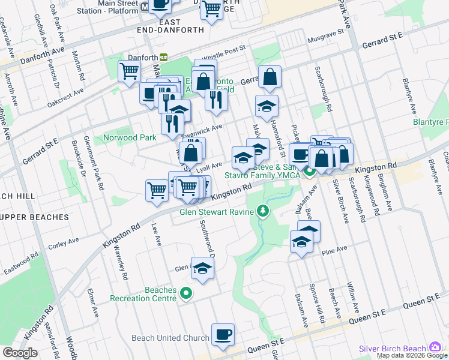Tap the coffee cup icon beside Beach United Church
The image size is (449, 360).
(223, 335)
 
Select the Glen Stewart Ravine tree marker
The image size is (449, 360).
(262, 211)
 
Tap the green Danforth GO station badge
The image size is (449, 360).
(163, 57)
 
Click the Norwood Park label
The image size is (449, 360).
(130, 137)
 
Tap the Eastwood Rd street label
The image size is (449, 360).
(19, 264)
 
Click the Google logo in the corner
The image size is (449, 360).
(20, 353)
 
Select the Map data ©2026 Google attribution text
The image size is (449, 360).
(412, 355)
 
